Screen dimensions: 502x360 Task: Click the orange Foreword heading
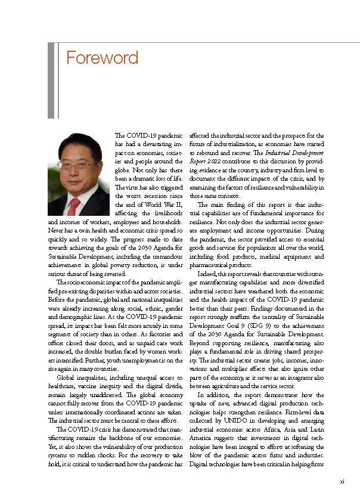(x=102, y=58)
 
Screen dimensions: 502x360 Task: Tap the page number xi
(x=342, y=482)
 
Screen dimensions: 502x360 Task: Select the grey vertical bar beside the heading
(x=51, y=80)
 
